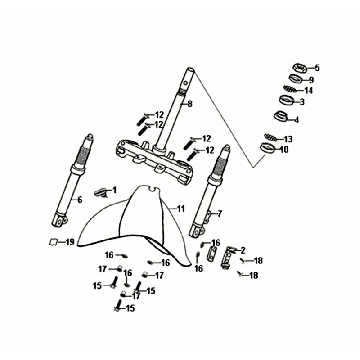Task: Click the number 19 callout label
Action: pyautogui.click(x=69, y=242)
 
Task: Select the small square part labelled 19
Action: pyautogui.click(x=52, y=242)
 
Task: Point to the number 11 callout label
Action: pyautogui.click(x=180, y=209)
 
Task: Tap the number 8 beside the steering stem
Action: pyautogui.click(x=190, y=104)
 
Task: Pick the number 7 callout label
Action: pyautogui.click(x=219, y=214)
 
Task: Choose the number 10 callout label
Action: pyautogui.click(x=284, y=150)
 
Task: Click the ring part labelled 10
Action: pyautogui.click(x=267, y=148)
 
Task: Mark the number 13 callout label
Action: pyautogui.click(x=288, y=138)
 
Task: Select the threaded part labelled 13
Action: pyautogui.click(x=270, y=137)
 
